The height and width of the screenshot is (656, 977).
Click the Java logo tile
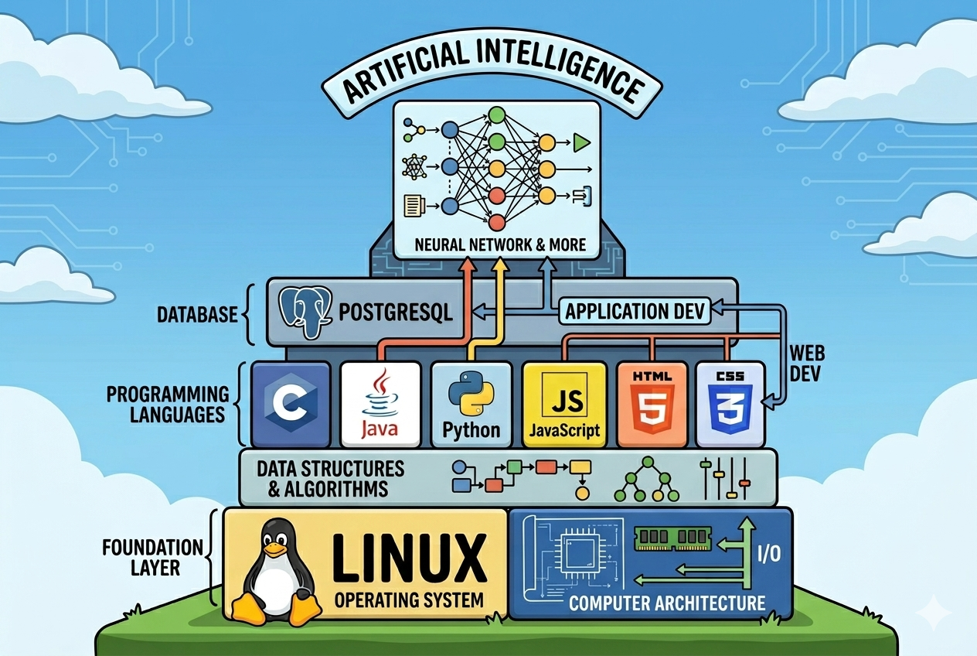coord(380,404)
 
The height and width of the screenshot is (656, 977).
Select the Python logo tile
coord(470,404)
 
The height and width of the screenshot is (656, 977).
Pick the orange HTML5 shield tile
coord(652,404)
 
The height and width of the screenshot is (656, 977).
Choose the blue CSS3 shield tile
coord(730,404)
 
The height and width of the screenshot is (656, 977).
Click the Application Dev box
coord(636,312)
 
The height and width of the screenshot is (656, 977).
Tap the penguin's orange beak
coord(274,549)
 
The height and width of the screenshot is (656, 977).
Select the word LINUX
coord(413,555)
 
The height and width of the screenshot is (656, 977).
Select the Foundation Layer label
coord(152,558)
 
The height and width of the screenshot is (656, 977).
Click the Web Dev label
coord(807,364)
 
